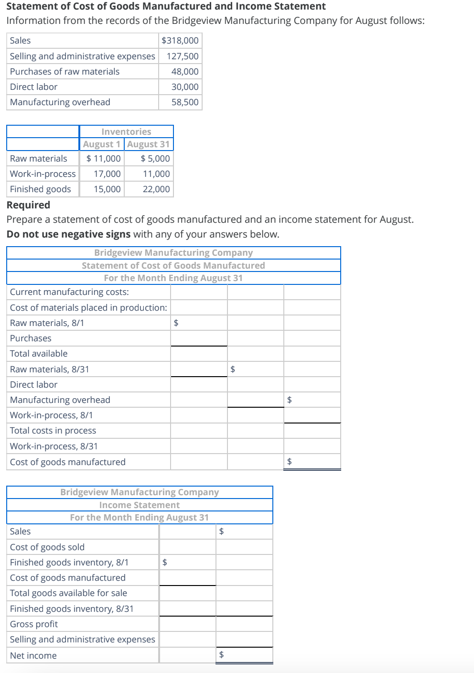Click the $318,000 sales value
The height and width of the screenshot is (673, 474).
tap(180, 41)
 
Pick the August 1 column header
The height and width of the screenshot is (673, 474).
tap(101, 144)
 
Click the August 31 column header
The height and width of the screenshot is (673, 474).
tap(148, 144)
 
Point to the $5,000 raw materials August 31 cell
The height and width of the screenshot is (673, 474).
tap(155, 158)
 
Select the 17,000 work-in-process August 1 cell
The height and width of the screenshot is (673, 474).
tap(107, 174)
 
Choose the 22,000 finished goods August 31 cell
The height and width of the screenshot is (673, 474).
tap(156, 189)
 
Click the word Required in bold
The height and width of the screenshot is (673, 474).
tap(28, 205)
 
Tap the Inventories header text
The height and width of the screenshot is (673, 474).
tap(126, 131)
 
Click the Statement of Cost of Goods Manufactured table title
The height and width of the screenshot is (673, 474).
tap(173, 265)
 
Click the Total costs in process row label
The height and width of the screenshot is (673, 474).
tap(53, 430)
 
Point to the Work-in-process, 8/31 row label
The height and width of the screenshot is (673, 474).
tap(54, 446)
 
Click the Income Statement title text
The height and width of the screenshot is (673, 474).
tap(140, 505)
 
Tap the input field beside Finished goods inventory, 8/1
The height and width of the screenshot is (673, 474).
tap(190, 562)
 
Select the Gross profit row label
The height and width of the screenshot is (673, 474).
tap(34, 624)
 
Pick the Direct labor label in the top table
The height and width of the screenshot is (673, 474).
tap(33, 87)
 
